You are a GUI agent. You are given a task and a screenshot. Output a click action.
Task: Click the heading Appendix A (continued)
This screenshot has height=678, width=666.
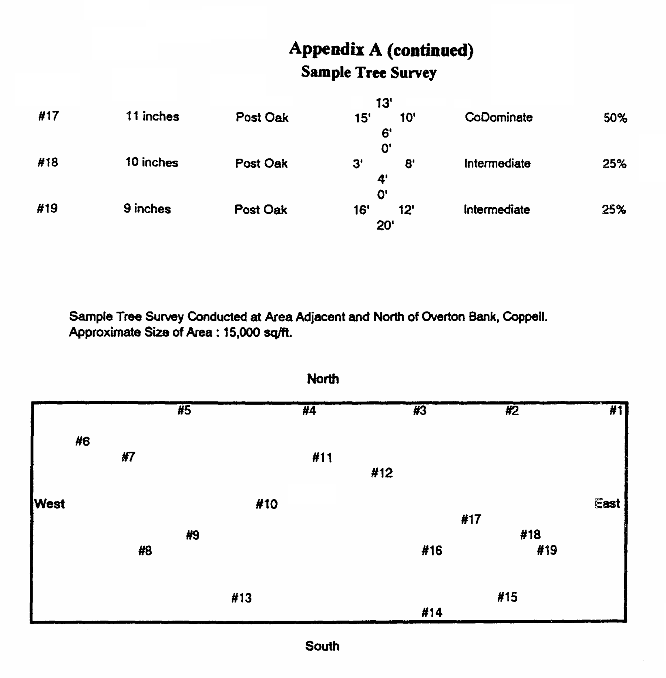[x=381, y=50]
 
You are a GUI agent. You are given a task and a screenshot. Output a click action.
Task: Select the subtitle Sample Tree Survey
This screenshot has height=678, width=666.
[x=369, y=72]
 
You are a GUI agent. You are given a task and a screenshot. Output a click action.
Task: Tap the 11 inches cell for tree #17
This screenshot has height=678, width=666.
[x=152, y=117]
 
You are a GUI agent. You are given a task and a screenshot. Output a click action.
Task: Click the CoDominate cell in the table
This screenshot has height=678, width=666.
[x=498, y=117]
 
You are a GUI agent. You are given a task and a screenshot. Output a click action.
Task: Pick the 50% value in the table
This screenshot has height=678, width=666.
[x=615, y=118]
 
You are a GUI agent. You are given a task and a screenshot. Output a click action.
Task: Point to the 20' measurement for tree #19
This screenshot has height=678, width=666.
[x=385, y=225]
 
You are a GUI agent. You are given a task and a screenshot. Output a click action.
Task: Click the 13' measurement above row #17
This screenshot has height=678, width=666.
[x=384, y=103]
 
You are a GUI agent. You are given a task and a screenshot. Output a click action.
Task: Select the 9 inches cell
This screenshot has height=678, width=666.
[x=147, y=209]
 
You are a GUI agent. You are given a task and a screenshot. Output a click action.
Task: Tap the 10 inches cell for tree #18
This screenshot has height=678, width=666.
[x=152, y=162]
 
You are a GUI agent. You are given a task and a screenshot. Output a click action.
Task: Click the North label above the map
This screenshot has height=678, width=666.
[x=323, y=379]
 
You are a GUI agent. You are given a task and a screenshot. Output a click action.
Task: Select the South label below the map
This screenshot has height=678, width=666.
[x=322, y=646]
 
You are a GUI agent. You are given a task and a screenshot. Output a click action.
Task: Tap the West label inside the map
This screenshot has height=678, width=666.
[x=50, y=504]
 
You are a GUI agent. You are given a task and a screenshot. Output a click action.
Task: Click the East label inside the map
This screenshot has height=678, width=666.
[x=607, y=504]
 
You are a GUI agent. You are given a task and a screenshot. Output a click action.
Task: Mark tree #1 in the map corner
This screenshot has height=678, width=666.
[x=616, y=410]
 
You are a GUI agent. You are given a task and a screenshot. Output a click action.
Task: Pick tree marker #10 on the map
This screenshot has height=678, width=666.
[x=266, y=504]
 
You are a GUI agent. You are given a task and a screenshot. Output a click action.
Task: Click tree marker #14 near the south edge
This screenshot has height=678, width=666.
[x=432, y=613]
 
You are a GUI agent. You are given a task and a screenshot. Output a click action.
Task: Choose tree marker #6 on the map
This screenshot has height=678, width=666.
[x=83, y=441]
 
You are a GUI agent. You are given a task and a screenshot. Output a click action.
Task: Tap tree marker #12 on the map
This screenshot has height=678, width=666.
[x=382, y=473]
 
